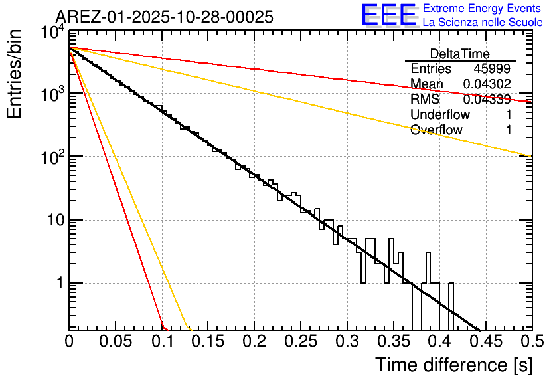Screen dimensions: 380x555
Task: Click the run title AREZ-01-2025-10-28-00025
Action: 164,17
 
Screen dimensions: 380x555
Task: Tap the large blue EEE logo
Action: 388,15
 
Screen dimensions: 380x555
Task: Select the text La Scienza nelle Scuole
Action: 483,23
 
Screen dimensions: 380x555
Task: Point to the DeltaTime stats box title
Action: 460,54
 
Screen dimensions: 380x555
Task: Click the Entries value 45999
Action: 492,69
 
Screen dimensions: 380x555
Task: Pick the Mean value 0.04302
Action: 487,84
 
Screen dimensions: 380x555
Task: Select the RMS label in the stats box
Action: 425,100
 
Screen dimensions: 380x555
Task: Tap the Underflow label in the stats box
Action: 440,115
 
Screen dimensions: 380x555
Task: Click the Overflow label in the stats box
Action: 436,130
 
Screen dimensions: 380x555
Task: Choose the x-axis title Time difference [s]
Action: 453,365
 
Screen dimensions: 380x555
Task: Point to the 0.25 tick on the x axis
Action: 301,341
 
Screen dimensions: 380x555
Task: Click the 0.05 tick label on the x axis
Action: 116,341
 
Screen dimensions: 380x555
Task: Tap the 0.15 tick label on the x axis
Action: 208,341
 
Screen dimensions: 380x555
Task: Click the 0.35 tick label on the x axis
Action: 393,341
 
